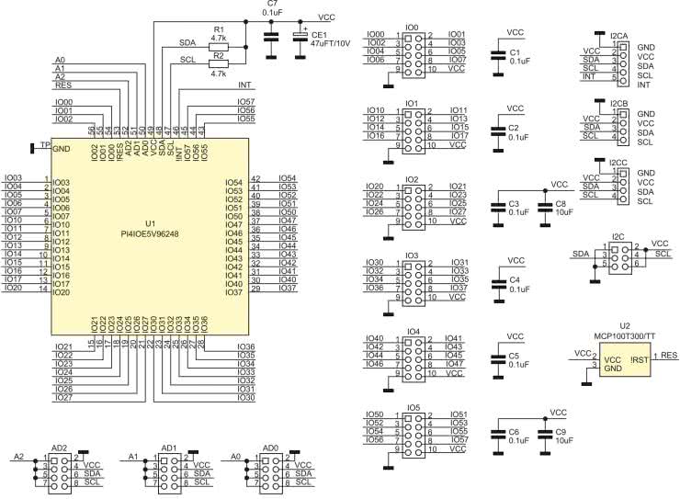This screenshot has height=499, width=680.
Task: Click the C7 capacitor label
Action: (x=271, y=5)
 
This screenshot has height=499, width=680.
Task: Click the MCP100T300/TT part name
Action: (x=624, y=335)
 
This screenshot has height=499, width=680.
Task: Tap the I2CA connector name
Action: (x=618, y=35)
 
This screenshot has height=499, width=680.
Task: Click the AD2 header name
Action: (x=60, y=448)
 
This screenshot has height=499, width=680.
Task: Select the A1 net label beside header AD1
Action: (x=133, y=456)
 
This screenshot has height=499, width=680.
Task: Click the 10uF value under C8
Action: (x=562, y=213)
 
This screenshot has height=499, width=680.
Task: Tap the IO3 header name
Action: (x=412, y=255)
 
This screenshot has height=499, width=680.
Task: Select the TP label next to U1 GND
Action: (x=44, y=144)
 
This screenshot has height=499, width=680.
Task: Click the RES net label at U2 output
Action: (x=668, y=355)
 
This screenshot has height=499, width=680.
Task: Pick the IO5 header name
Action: (x=412, y=405)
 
